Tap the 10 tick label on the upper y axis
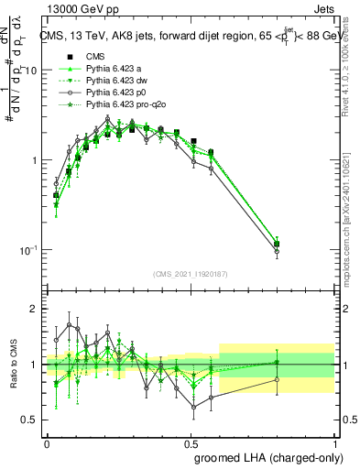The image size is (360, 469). pyautogui.click(x=30, y=71)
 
